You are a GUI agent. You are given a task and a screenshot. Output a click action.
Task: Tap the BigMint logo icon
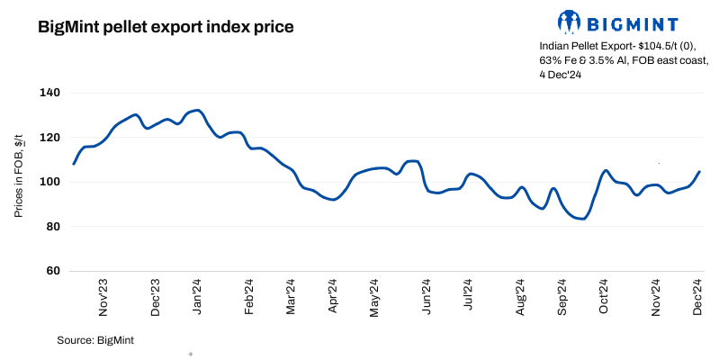point(569,21)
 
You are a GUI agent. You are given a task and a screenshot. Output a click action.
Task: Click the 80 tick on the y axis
point(51,226)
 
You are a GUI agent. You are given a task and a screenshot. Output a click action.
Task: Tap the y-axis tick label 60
point(51,271)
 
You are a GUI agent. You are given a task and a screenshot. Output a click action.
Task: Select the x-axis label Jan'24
point(198,296)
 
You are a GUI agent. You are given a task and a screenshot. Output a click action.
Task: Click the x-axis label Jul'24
point(468,296)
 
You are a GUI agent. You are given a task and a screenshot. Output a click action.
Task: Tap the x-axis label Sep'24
point(562,296)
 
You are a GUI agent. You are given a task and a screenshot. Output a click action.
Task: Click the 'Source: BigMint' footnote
point(94,339)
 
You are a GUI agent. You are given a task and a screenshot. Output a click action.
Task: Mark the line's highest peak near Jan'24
point(197,110)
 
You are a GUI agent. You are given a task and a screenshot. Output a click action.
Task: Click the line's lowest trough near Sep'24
point(582,219)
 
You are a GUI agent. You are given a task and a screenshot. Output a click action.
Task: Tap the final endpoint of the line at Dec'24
point(699,172)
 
